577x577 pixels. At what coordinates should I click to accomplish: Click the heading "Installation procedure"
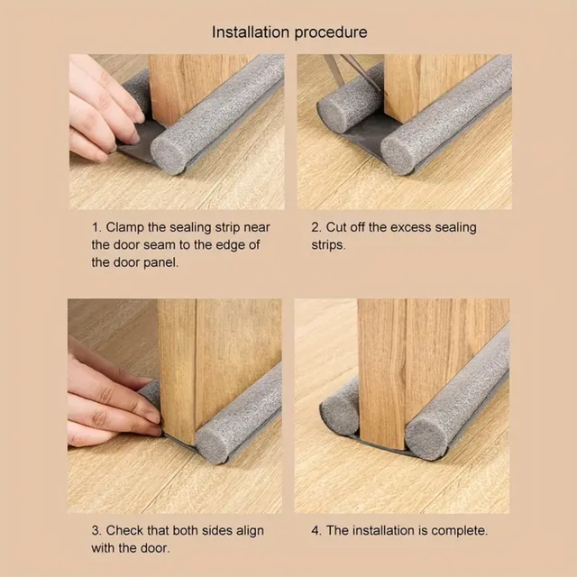(x=289, y=32)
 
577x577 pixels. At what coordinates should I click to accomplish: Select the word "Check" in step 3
(x=126, y=530)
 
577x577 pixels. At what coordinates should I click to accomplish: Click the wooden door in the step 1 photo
(x=184, y=86)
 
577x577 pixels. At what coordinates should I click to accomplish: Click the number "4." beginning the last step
(x=316, y=530)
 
